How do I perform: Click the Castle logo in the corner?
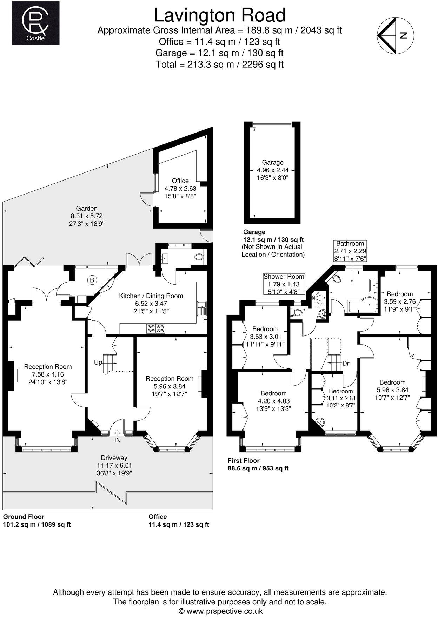[x=35, y=23]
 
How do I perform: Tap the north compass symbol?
[x=395, y=35]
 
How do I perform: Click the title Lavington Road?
[x=220, y=16]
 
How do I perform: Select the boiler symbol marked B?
[x=92, y=280]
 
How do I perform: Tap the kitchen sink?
[x=202, y=308]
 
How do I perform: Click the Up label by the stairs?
[x=98, y=362]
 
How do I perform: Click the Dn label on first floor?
[x=346, y=363]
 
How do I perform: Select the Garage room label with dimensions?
[x=273, y=170]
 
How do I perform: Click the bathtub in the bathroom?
[x=361, y=306]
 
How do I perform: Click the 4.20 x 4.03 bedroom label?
[x=273, y=401]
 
